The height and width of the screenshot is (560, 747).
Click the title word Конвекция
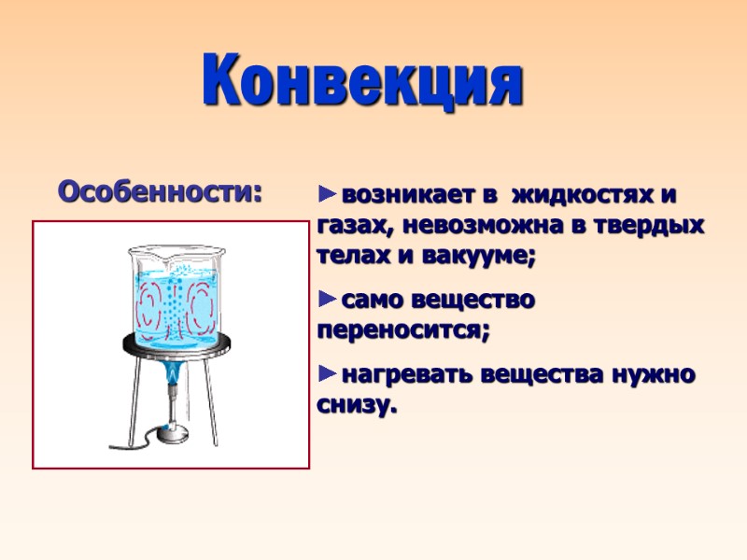363,81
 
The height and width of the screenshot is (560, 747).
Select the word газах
345,227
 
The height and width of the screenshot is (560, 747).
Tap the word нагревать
406,374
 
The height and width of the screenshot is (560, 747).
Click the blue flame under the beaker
174,377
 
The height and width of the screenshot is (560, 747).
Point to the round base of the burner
172,431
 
